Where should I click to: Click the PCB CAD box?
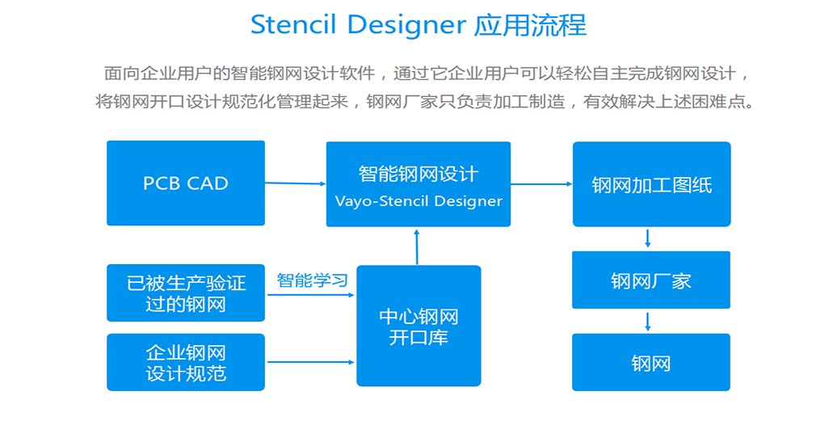pos(185,183)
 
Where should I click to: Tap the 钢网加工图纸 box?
pos(651,184)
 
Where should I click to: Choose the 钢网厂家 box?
pos(650,280)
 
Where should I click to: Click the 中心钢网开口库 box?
pos(418,326)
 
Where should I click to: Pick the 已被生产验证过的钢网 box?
pos(185,293)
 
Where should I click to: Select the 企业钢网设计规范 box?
pos(185,362)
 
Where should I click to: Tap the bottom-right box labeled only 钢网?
pos(650,362)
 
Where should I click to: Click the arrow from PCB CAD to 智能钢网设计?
pos(295,183)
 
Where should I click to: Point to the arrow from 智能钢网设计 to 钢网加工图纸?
pos(541,184)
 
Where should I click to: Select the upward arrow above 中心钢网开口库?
pos(417,246)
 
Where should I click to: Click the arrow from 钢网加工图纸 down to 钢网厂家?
pos(648,238)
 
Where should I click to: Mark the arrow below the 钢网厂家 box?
pos(648,321)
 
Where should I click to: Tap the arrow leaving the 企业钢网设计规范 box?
pos(310,362)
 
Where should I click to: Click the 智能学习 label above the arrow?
pos(312,280)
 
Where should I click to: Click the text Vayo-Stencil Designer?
pos(418,201)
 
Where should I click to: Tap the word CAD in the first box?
pos(207,183)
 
